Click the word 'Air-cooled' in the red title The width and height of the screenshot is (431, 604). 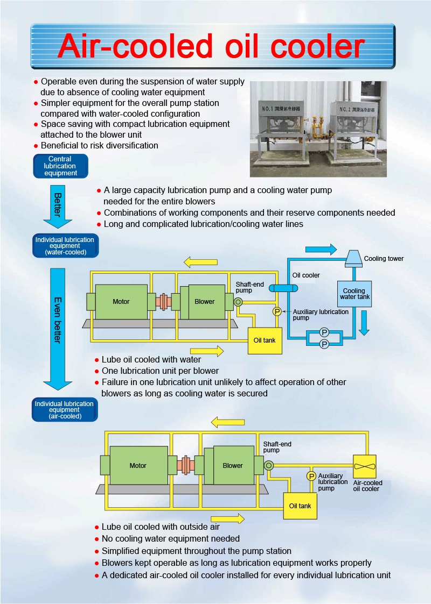coord(135,46)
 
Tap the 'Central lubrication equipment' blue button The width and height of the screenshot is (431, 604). coord(60,166)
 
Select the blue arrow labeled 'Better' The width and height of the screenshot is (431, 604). coord(58,207)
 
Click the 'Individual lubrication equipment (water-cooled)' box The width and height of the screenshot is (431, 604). coord(65,246)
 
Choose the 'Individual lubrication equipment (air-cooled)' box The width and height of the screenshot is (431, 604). coord(65,409)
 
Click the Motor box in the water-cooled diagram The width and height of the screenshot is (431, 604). coord(121,302)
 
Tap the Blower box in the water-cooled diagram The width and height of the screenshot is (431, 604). coord(205,302)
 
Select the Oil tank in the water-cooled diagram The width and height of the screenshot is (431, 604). coord(265,340)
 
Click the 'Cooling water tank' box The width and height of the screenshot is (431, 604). coord(354,294)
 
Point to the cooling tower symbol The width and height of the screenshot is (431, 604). coord(353,258)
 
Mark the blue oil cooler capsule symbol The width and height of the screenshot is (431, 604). coord(283,288)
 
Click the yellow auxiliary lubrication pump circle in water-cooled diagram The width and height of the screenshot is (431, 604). coord(277,311)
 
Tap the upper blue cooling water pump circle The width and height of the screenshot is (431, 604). coord(324,332)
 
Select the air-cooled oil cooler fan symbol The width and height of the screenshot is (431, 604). coord(365,466)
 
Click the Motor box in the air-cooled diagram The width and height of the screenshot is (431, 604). coord(138,465)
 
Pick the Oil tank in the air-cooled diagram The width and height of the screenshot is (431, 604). coord(300,506)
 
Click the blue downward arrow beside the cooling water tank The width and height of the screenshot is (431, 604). coord(364,322)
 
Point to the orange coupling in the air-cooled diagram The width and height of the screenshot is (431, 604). coord(186,465)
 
